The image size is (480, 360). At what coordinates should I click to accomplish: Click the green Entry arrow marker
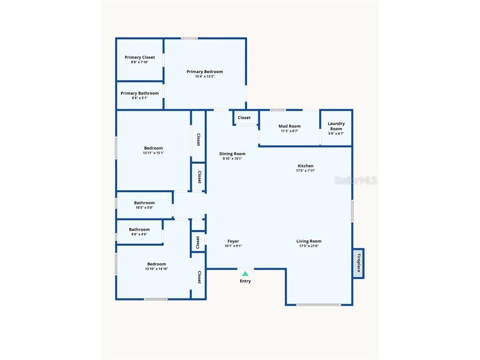click(245, 273)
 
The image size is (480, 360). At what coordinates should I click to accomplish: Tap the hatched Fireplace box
click(359, 262)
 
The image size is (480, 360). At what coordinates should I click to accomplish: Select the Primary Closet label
click(140, 57)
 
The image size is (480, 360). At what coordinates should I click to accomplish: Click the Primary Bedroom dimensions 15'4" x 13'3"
click(204, 77)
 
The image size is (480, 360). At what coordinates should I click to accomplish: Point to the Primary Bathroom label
click(140, 93)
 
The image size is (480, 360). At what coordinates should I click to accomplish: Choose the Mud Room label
click(289, 126)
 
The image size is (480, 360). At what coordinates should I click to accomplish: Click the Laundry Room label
click(336, 126)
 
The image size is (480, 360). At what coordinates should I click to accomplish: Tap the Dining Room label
click(232, 154)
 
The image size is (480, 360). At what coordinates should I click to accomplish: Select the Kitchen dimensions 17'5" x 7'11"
click(306, 171)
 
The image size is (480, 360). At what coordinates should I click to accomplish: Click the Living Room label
click(309, 241)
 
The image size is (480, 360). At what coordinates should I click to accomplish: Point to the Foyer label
click(233, 241)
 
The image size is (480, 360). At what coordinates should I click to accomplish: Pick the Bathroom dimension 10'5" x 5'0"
click(144, 208)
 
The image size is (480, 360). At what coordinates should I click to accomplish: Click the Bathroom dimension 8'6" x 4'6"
click(139, 234)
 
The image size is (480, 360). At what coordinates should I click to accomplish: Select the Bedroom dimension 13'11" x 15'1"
click(153, 153)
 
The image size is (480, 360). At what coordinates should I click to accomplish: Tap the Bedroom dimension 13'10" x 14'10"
click(156, 269)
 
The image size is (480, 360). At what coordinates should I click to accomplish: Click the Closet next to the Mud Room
click(244, 118)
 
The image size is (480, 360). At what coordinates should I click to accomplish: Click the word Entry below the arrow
click(245, 281)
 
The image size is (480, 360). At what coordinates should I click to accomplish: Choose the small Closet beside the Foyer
click(198, 242)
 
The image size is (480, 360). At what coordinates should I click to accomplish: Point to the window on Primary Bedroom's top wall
click(189, 38)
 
